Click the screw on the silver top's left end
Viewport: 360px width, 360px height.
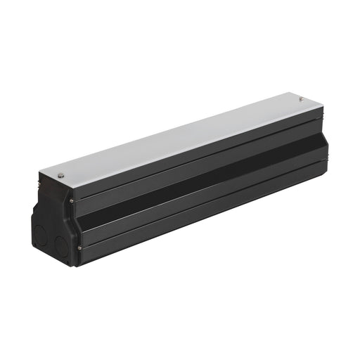click(x=61, y=175)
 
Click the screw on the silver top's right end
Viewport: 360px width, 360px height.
click(x=301, y=99)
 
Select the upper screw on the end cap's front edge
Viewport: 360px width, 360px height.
click(x=71, y=202)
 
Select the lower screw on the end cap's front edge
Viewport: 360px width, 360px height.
click(x=79, y=247)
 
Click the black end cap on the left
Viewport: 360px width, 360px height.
click(x=52, y=225)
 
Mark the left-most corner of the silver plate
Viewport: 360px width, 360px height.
click(x=39, y=169)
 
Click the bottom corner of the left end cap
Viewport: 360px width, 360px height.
click(x=70, y=266)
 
